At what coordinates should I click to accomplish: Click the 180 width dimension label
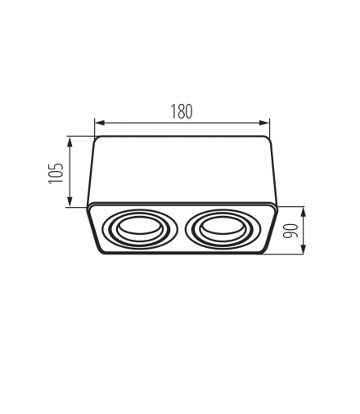coord(182,111)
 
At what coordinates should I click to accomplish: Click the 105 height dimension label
coord(56,173)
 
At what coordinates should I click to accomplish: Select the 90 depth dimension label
coord(290,231)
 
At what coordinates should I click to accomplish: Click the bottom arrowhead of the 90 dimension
coord(303,249)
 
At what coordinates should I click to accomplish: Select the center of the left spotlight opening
coord(140,228)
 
